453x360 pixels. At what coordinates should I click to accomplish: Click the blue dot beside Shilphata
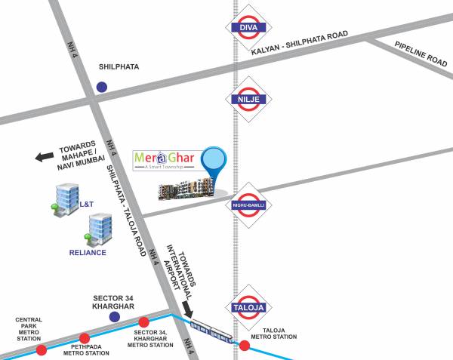coord(101,86)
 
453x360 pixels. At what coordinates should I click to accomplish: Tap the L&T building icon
coord(65,199)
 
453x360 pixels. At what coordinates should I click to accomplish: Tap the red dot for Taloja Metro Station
coord(245,346)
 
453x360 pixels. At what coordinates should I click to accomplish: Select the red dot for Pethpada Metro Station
coord(85,338)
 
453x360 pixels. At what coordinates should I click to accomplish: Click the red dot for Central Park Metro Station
coord(42,349)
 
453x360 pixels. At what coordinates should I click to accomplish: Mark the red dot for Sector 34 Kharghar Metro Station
coord(143,322)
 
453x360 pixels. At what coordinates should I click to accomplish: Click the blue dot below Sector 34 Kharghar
coord(115,317)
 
